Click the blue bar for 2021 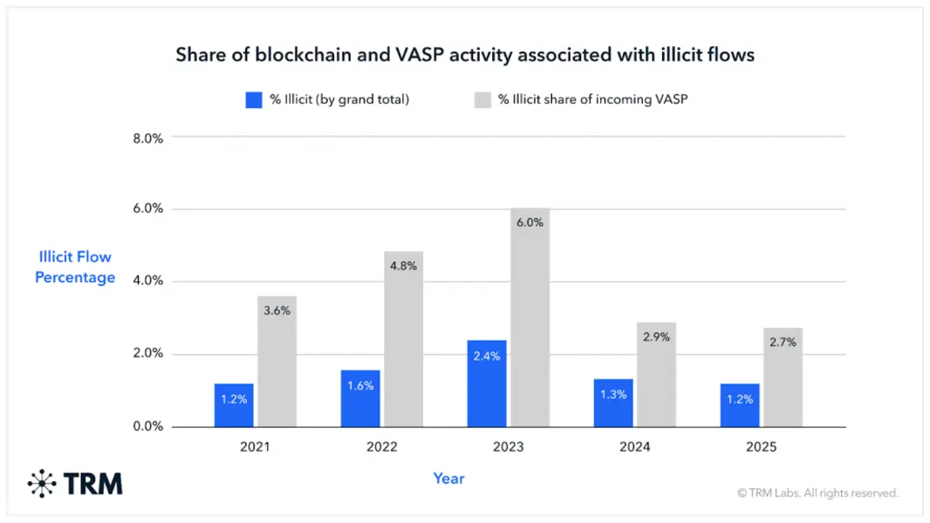click(x=234, y=405)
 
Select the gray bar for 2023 click(x=530, y=317)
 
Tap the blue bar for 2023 click(x=486, y=384)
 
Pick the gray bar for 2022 click(x=403, y=339)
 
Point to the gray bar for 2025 click(x=783, y=377)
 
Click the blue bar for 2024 click(x=613, y=403)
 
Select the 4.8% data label click(x=403, y=266)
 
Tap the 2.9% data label click(x=657, y=337)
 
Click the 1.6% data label click(x=360, y=385)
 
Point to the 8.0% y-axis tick click(x=147, y=139)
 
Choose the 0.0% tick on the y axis click(x=147, y=426)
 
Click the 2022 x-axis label click(x=382, y=446)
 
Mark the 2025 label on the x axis click(x=761, y=446)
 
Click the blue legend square click(x=254, y=100)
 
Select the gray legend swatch click(x=482, y=100)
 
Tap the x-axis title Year click(x=448, y=479)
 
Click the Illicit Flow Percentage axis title click(x=75, y=267)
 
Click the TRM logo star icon click(x=42, y=484)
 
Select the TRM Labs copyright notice click(x=818, y=492)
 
